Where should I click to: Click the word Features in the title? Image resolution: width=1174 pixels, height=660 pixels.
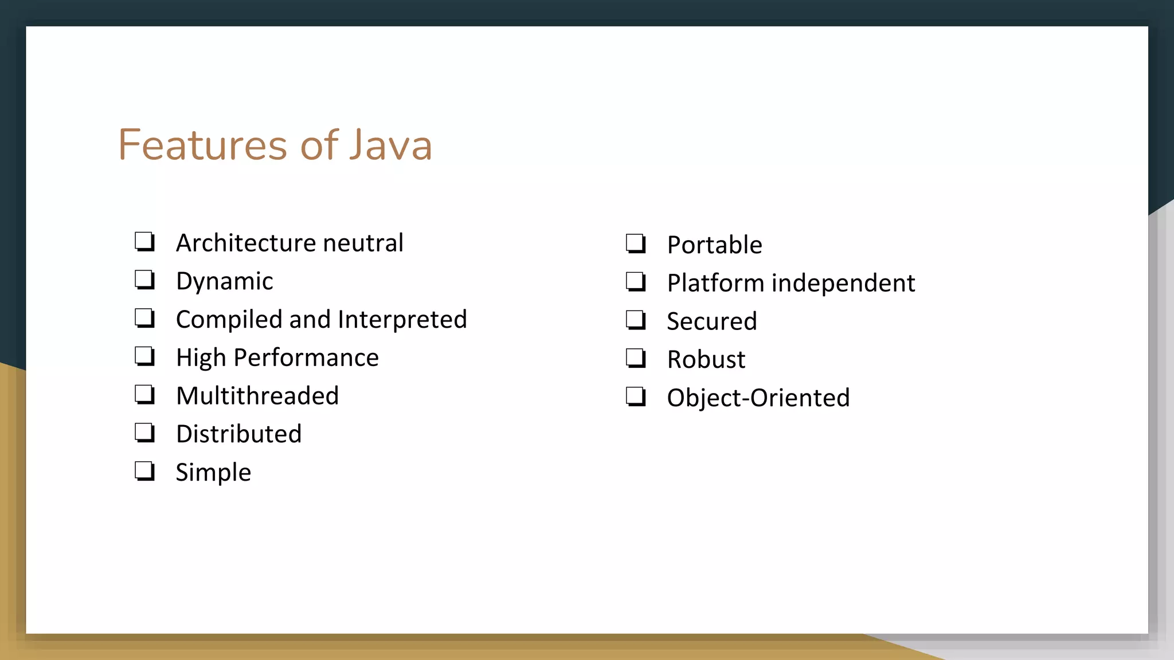202,145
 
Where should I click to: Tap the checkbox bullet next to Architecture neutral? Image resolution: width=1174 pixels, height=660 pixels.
144,242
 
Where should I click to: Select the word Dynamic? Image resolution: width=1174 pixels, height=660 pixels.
224,281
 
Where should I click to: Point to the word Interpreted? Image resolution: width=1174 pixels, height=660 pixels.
402,320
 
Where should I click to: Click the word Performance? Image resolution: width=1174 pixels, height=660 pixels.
306,357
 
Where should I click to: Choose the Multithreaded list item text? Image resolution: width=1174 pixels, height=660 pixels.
257,396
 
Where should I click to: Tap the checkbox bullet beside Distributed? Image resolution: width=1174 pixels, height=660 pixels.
144,433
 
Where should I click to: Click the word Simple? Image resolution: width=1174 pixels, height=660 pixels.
213,473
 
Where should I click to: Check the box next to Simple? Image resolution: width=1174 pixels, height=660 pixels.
144,471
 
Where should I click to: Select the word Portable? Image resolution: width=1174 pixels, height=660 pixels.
714,245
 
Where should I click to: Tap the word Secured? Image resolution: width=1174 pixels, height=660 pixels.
711,321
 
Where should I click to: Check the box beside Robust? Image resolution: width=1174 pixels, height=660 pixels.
636,359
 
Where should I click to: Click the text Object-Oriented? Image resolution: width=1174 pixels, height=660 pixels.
758,398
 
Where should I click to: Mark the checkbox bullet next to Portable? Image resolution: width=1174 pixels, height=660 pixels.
636,244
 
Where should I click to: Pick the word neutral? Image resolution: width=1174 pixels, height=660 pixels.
363,243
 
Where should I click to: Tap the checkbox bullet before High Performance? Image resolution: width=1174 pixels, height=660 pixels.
144,356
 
